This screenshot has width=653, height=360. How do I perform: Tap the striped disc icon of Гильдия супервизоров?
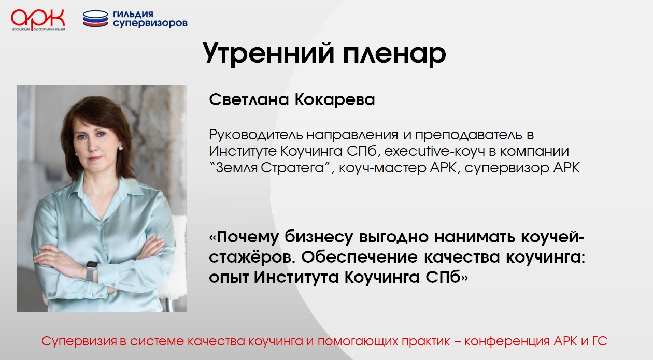[95, 19]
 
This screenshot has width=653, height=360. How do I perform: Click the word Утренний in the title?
[268, 53]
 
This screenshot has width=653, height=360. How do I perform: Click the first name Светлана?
[249, 99]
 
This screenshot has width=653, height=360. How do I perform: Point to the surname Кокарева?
[335, 99]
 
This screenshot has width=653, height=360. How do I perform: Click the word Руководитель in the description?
[255, 135]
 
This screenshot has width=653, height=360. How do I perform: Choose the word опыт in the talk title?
[229, 278]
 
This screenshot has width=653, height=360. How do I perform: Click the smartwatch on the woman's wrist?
[91, 270]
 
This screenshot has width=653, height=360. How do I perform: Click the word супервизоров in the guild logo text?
[150, 24]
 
